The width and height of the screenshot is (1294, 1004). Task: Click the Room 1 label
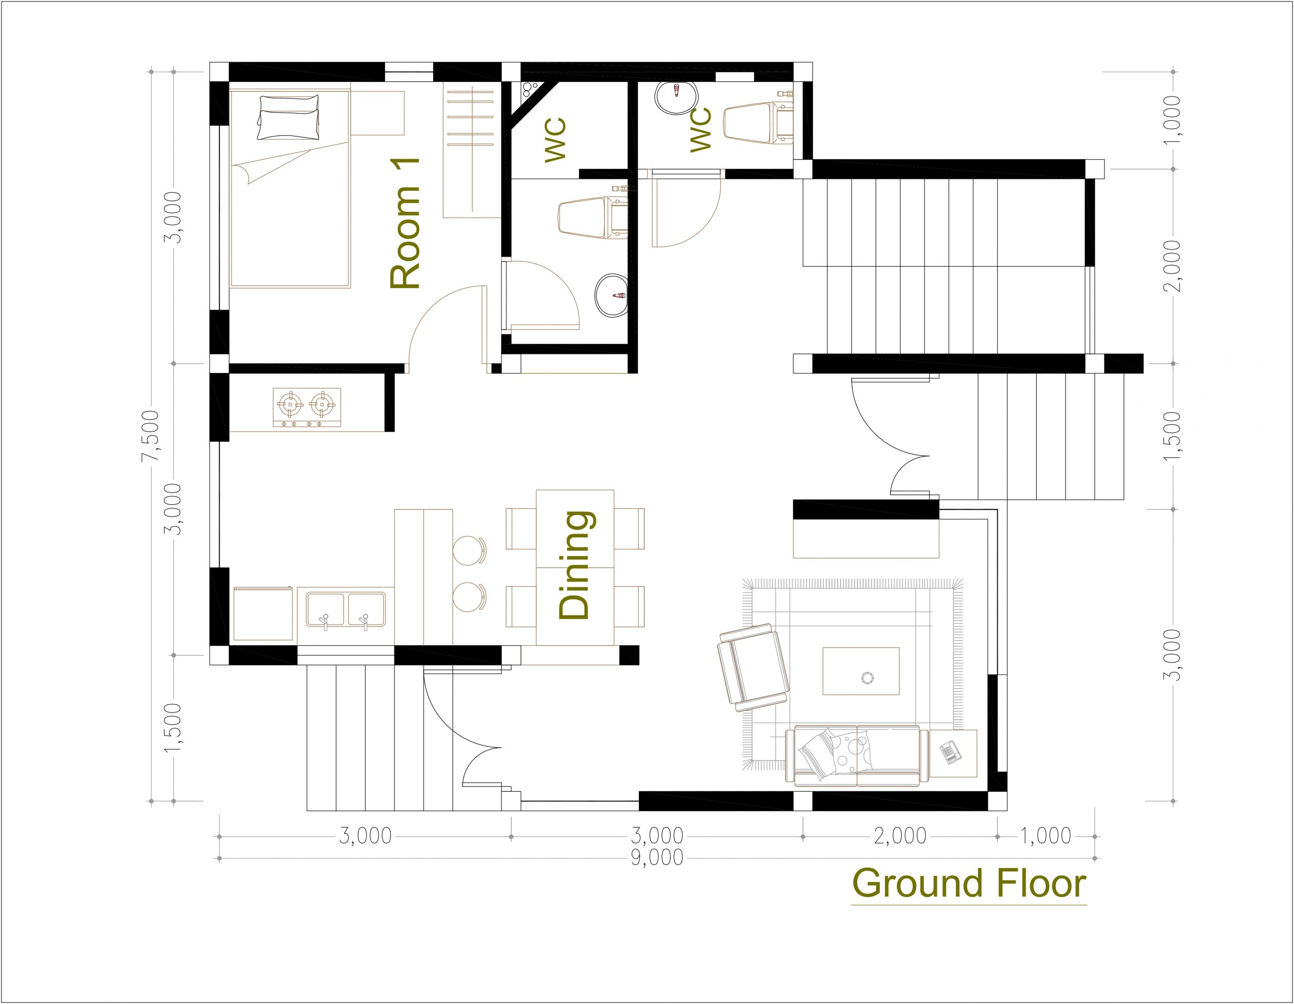pos(405,223)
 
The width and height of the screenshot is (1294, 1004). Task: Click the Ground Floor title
pos(968,883)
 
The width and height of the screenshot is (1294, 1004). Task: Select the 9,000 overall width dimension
pos(657,857)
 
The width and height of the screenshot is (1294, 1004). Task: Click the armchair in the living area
pos(754,667)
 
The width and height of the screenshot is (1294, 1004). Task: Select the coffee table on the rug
pos(861,671)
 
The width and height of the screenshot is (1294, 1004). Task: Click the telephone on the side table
pos(950,753)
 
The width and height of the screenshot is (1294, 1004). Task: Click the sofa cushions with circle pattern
pos(851,750)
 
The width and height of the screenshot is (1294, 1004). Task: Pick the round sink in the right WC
pos(677,97)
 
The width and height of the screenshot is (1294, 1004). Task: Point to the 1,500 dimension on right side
pos(1172,436)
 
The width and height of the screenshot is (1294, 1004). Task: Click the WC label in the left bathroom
pos(556,140)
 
